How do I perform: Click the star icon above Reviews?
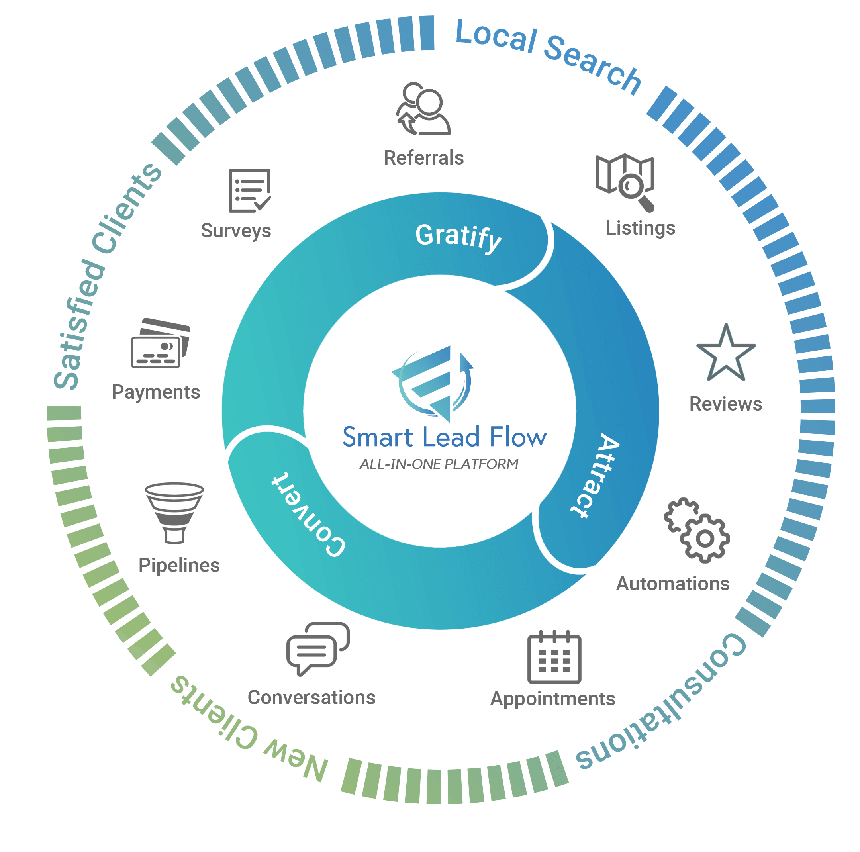[x=726, y=354]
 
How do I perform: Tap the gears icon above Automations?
[x=697, y=530]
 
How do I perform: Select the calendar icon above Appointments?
[x=554, y=658]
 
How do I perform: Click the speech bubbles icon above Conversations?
[x=317, y=648]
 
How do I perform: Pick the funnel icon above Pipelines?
[x=174, y=512]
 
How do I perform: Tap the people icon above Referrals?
[x=423, y=109]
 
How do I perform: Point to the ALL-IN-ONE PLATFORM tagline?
[x=439, y=464]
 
